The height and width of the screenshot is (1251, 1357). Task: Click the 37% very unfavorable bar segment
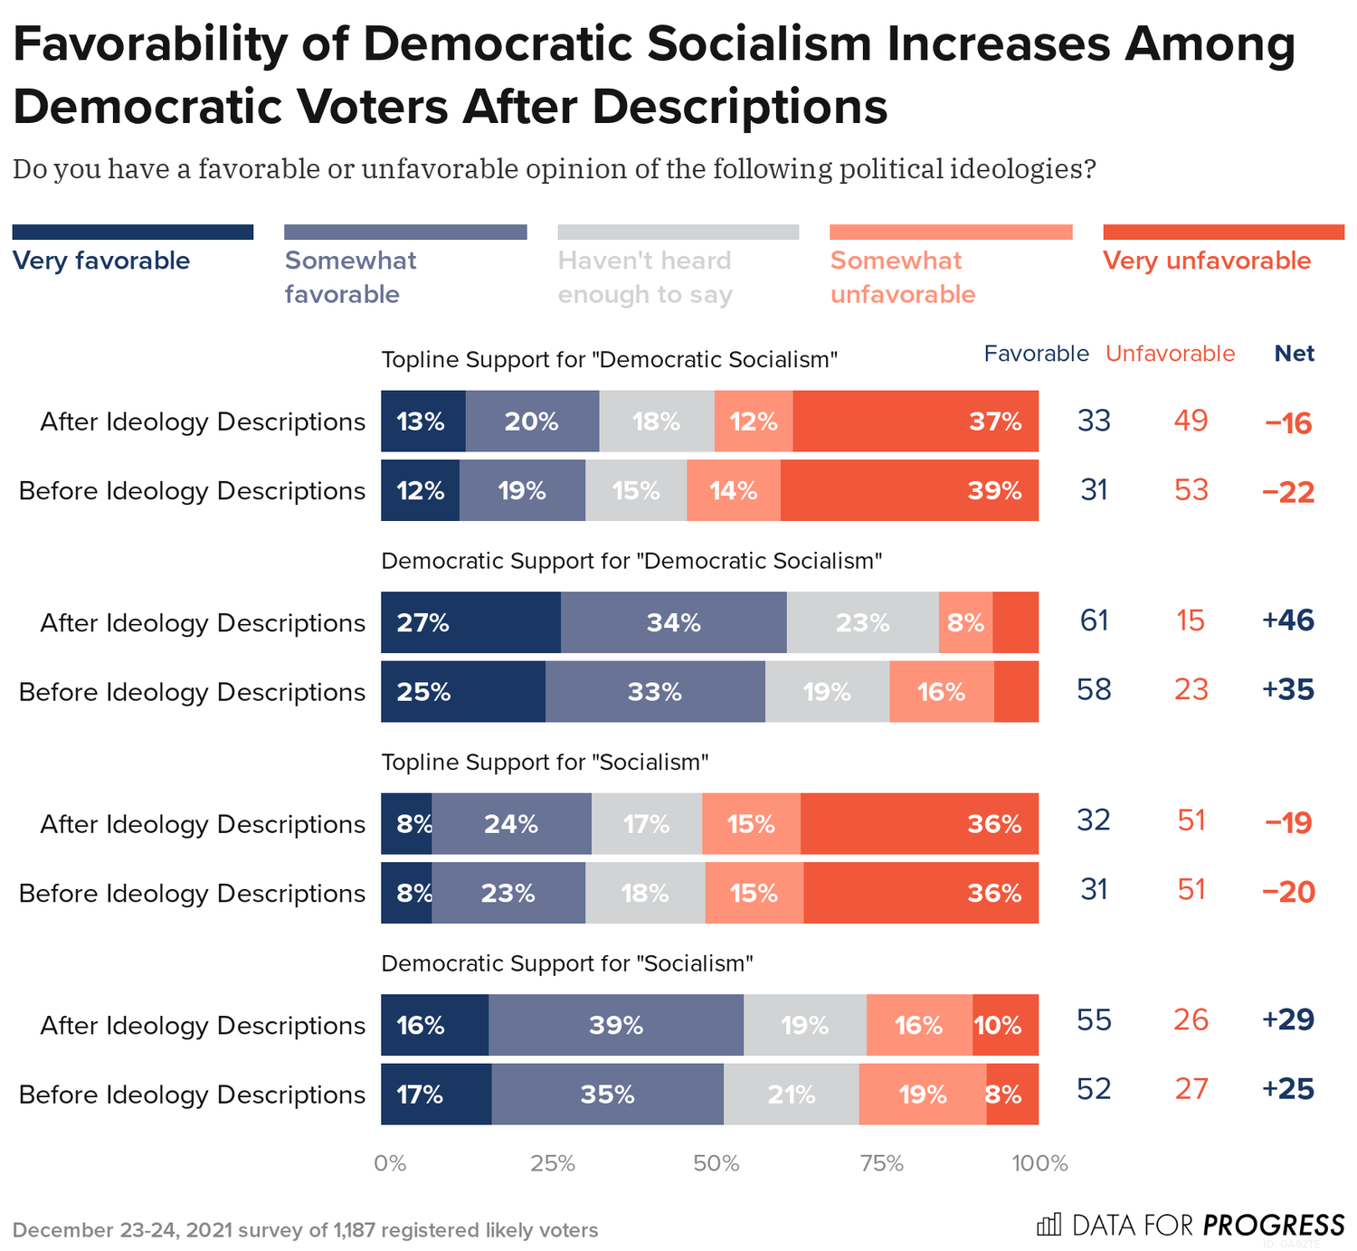coord(915,422)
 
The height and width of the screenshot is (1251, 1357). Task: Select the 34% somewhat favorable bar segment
coord(673,622)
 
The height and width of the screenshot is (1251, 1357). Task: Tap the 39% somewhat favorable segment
coord(615,1025)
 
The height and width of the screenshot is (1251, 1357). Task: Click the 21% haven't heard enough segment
coord(791,1095)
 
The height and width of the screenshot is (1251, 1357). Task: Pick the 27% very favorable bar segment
coord(470,622)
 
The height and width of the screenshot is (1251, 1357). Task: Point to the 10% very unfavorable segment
coord(1005,1025)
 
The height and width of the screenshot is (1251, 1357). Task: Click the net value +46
coord(1287,621)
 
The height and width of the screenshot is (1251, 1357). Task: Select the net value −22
coord(1287,492)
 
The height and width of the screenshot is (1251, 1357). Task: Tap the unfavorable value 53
coord(1191,490)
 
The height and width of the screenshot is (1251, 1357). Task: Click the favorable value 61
coord(1094,621)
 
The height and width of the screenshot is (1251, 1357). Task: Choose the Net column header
coord(1294,354)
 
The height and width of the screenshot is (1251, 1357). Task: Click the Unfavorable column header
coord(1170,354)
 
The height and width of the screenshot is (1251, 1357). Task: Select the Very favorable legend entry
coord(101,261)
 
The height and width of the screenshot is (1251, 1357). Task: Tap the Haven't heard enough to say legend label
coord(644,277)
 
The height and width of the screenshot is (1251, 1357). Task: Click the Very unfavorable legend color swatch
coord(1223,232)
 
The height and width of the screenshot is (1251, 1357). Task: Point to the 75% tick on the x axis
coord(881,1163)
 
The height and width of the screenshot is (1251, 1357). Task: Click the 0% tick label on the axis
coord(390,1163)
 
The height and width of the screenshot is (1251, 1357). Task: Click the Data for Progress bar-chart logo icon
coord(1049,1226)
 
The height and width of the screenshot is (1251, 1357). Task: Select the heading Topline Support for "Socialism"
coord(544,763)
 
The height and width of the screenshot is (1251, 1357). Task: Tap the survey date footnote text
coord(305,1230)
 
